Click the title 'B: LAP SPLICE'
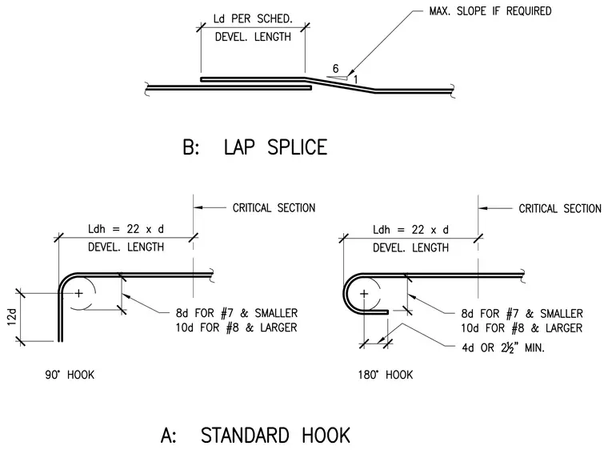(255, 147)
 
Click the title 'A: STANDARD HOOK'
(255, 436)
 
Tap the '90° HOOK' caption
(70, 375)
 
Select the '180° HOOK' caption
(386, 375)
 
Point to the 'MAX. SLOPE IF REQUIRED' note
(490, 11)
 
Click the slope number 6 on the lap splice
(335, 69)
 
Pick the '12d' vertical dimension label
(13, 317)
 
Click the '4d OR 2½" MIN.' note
(503, 348)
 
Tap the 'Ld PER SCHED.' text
(253, 18)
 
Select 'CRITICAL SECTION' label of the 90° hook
(274, 208)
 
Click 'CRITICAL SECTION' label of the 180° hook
(560, 209)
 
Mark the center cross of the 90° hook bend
(78, 293)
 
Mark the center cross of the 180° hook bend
(364, 294)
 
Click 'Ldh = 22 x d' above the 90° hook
(126, 229)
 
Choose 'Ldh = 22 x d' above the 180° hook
(410, 230)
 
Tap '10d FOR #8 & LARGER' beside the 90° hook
(236, 327)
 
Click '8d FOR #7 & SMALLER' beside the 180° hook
(522, 313)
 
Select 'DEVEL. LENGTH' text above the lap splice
(253, 37)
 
